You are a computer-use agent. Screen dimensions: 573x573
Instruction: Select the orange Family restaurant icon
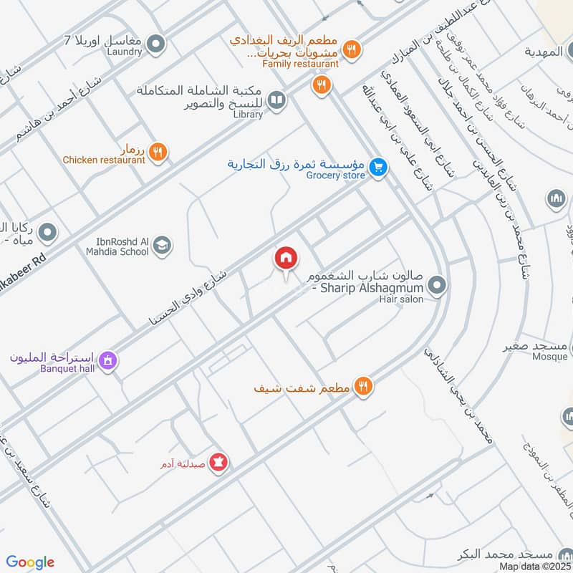pos(351,49)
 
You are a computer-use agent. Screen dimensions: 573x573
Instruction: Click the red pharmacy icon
pos(221,463)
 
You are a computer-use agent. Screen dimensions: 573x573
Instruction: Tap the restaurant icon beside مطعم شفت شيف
pos(364,386)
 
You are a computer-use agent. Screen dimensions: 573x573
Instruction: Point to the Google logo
pos(30,562)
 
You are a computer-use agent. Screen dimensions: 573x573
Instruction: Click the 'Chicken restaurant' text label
pos(104,160)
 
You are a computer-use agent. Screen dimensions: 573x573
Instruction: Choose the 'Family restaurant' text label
pos(300,64)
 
